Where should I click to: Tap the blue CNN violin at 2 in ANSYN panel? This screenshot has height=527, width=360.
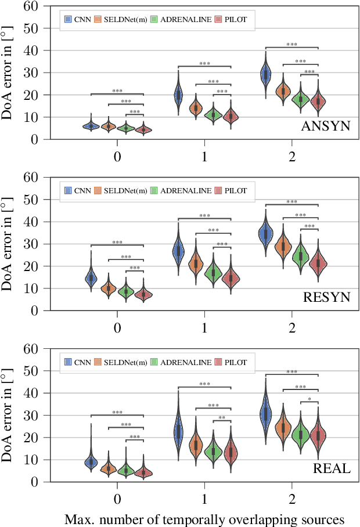[x=266, y=74]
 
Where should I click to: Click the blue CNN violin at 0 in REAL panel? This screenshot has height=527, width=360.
[x=91, y=461]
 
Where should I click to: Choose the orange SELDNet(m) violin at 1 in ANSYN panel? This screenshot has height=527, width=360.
[x=196, y=107]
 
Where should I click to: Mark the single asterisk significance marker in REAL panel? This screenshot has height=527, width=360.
[x=309, y=399]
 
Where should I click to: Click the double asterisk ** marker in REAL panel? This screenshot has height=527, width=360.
[x=222, y=418]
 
